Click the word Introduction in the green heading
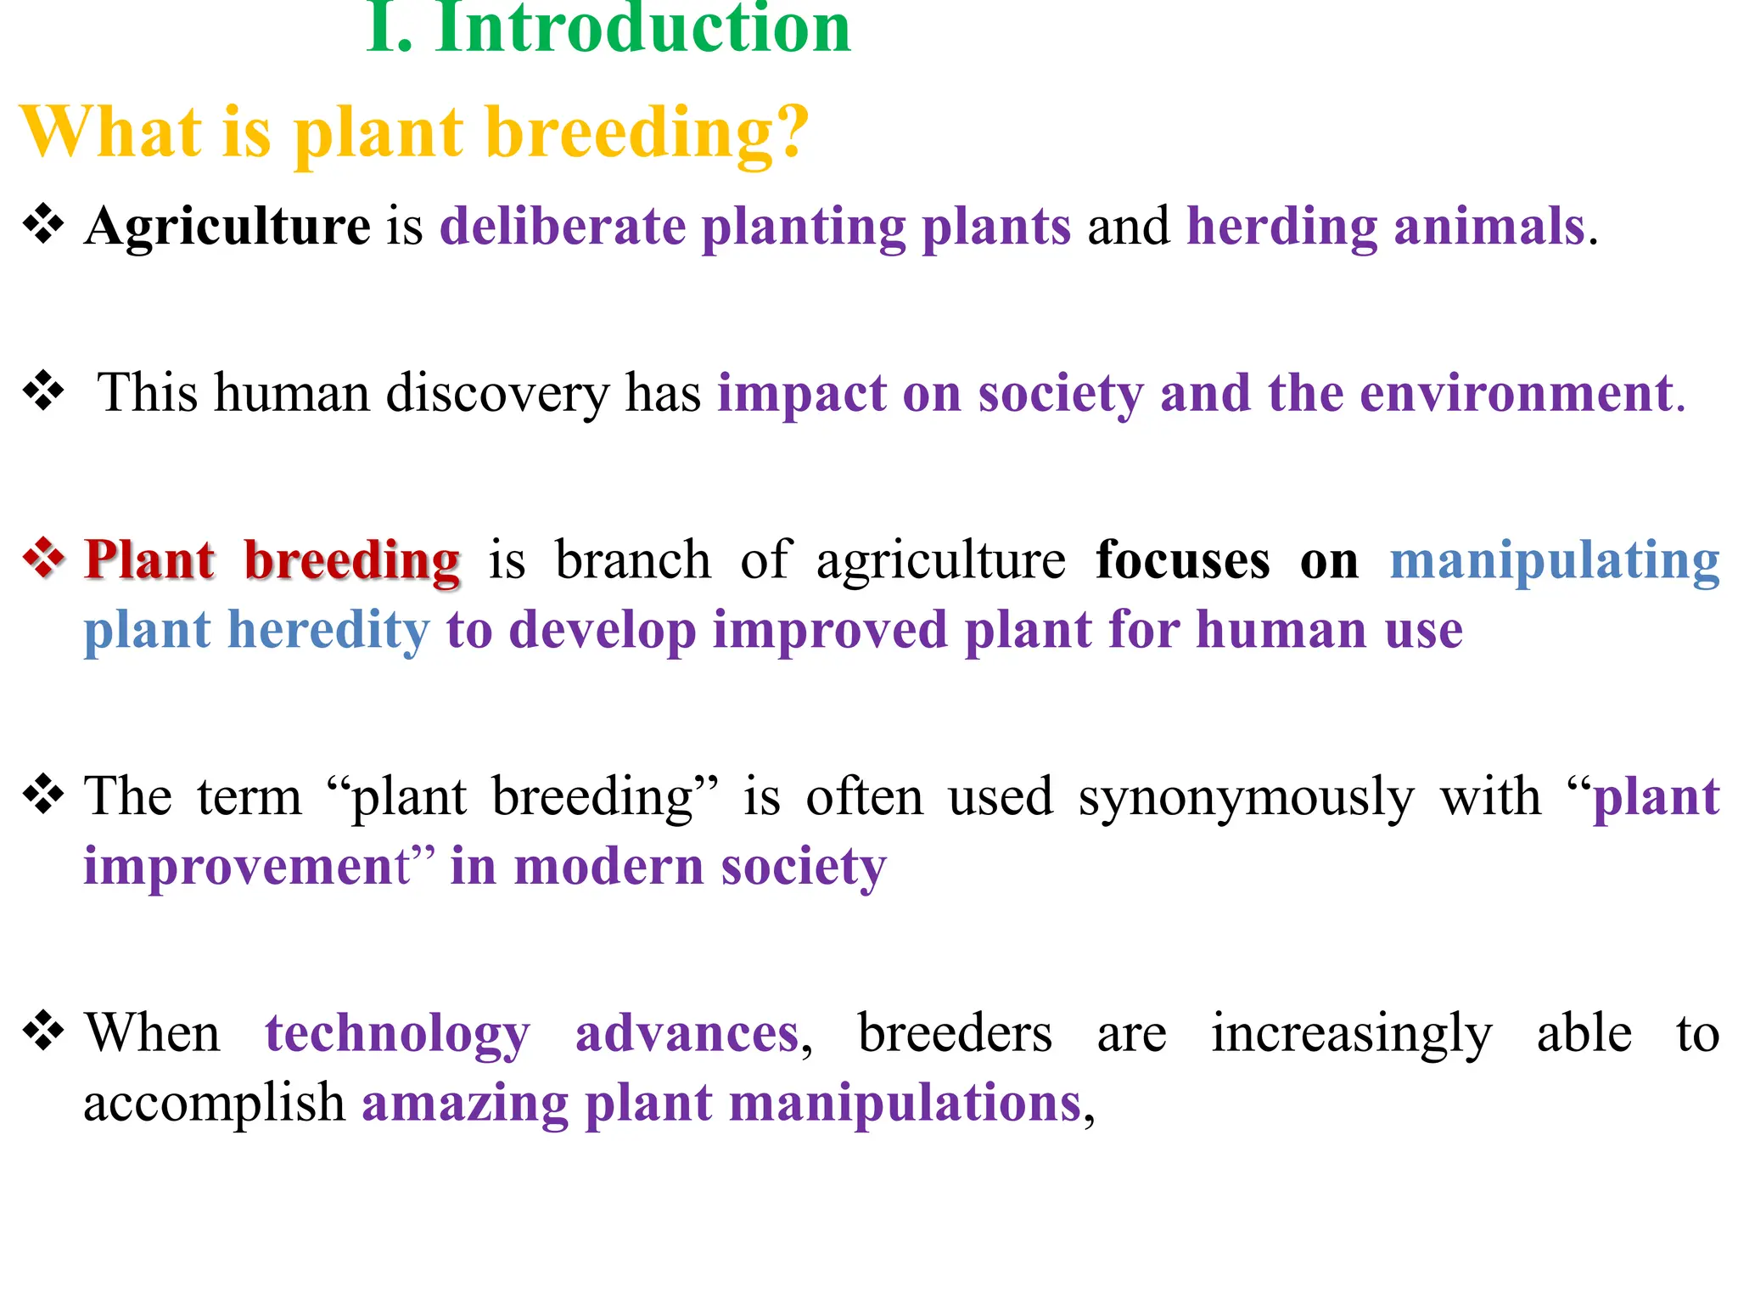(642, 30)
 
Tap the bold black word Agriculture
(227, 227)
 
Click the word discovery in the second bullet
(497, 394)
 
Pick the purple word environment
(1516, 394)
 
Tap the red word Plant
(149, 560)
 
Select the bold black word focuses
(1183, 560)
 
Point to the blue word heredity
(329, 631)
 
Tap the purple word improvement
(246, 867)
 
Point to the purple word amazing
(465, 1104)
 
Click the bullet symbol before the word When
(44, 1031)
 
